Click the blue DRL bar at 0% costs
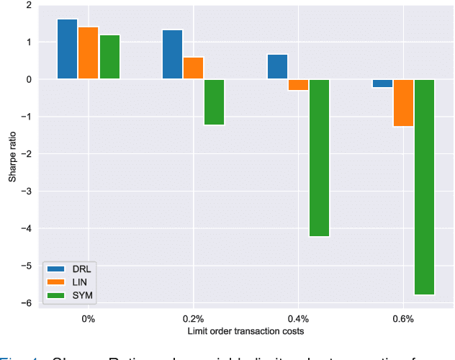[x=68, y=49]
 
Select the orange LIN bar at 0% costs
[x=89, y=53]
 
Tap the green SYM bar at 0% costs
[x=109, y=57]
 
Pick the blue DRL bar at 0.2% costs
[x=173, y=55]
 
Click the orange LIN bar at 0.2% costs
[x=194, y=68]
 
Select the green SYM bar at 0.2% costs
[x=215, y=102]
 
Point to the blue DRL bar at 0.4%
[x=278, y=67]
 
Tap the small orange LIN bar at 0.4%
[x=299, y=85]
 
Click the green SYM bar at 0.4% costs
[x=320, y=158]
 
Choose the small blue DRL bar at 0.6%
[x=383, y=84]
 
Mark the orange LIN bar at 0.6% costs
[x=404, y=103]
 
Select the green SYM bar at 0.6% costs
[x=425, y=187]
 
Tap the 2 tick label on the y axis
[x=29, y=5]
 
